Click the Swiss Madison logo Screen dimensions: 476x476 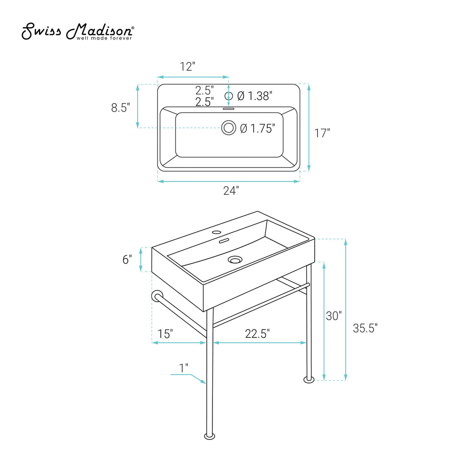(78, 31)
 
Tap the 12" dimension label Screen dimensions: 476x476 (188, 66)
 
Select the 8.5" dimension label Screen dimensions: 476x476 (120, 107)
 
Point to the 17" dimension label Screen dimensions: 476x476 (322, 133)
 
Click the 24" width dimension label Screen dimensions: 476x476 (231, 191)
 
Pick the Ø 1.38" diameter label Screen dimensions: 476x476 (255, 96)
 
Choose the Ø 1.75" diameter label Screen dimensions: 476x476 (258, 128)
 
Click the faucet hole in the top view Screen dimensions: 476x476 (229, 96)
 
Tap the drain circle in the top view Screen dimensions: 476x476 (229, 127)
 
